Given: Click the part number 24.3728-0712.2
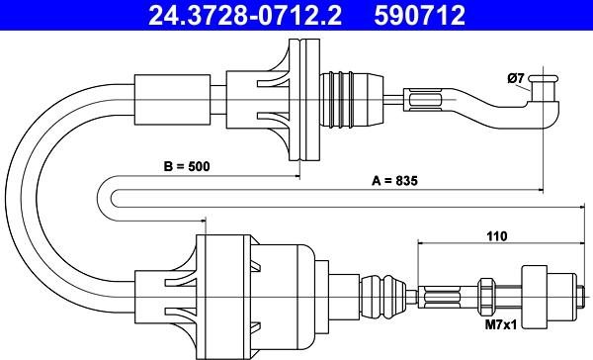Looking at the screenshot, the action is pos(245,16).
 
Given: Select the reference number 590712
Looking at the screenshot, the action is pos(419,16).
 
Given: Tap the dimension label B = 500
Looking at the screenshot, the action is pos(187,166).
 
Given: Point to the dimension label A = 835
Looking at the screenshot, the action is pos(394,181).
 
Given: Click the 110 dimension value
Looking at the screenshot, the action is pos(496,236).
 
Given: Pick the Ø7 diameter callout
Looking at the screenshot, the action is pos(516,78).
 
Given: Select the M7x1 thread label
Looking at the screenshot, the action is pos(501,324).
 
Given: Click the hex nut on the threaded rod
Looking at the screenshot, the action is pos(485,296).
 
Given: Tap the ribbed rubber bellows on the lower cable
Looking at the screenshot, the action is pos(382,296).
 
